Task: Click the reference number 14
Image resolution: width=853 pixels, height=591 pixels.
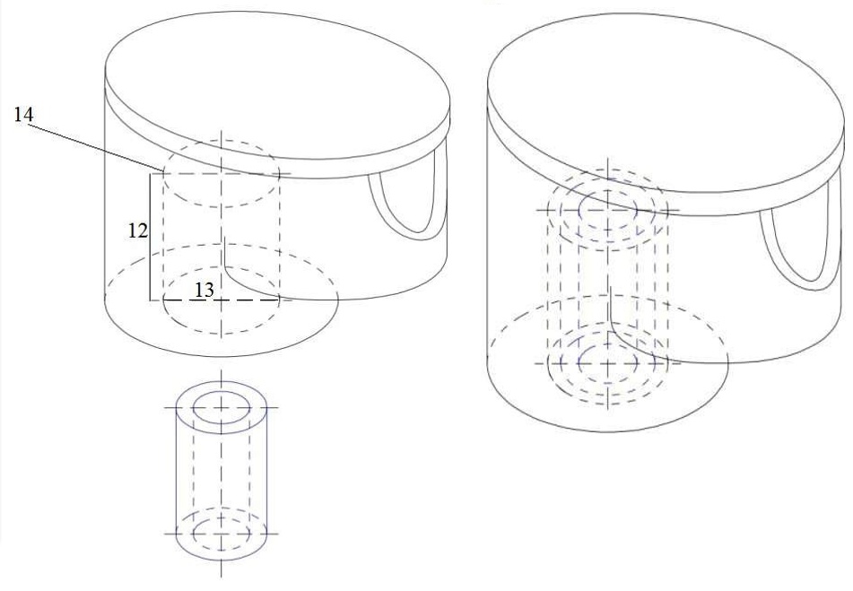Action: tap(23, 114)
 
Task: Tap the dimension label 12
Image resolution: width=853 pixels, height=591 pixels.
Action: tap(137, 231)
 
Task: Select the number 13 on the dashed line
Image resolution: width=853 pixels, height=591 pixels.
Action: tap(205, 291)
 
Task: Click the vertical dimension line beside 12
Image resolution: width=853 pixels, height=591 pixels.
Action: tap(150, 237)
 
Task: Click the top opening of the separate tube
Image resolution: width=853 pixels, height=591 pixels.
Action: tap(222, 407)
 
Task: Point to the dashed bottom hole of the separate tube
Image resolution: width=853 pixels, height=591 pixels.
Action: tap(222, 534)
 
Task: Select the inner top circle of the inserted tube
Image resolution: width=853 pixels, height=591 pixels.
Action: tap(607, 210)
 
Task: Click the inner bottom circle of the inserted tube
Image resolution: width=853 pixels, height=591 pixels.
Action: tap(607, 362)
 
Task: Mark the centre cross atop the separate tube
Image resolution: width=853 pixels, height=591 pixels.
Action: tap(222, 407)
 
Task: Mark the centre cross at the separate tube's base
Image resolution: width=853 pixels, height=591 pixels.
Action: tap(222, 534)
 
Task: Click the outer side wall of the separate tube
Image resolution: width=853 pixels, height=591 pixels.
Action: tap(176, 470)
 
